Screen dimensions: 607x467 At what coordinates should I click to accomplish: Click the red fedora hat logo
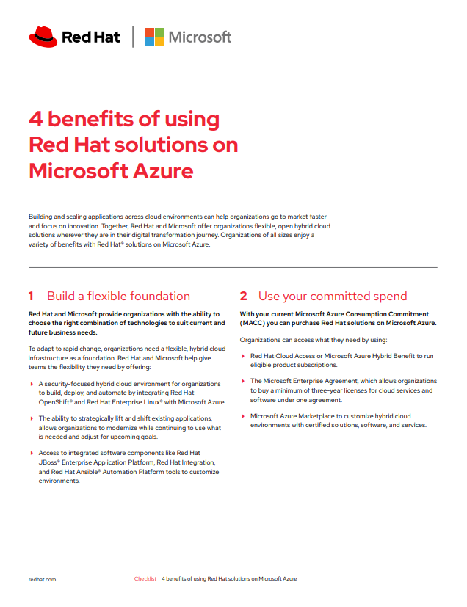[x=43, y=36]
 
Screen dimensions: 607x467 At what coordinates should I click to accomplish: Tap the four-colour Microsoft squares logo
[x=154, y=37]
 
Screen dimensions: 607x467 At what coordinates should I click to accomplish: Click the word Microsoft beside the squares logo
[x=200, y=37]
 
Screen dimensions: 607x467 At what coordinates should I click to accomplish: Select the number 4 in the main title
[x=35, y=119]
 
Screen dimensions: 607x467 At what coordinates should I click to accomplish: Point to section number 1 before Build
[x=31, y=297]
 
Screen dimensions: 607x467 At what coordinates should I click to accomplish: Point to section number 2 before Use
[x=243, y=297]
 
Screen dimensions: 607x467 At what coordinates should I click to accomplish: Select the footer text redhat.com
[x=42, y=579]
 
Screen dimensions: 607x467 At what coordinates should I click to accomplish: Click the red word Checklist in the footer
[x=145, y=579]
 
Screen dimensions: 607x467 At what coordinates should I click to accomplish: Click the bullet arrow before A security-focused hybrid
[x=31, y=384]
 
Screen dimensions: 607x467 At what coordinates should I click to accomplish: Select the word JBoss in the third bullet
[x=50, y=463]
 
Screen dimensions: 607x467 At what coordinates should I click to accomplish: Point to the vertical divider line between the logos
[x=133, y=37]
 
